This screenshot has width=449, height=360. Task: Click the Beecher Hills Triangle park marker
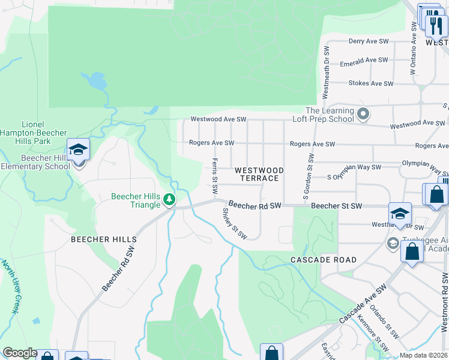tap(170, 199)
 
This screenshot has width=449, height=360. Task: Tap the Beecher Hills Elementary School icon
tap(78, 150)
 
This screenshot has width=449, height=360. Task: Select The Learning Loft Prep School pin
tap(363, 113)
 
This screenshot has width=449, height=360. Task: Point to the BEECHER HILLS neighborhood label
tap(99, 239)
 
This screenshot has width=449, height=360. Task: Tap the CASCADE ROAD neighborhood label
tap(324, 260)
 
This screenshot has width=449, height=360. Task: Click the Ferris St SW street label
tap(214, 176)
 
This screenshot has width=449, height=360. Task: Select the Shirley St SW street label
tap(234, 223)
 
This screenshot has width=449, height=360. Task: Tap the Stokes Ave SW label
tap(370, 83)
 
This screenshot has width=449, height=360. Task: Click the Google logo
tap(20, 353)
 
